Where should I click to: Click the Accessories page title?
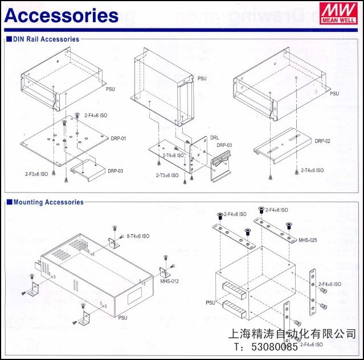point(62,15)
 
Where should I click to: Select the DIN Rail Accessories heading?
point(46,39)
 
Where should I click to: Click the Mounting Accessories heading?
point(48,202)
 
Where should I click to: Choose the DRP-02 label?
point(322,141)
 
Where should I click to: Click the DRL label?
point(214,138)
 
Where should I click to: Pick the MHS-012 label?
point(169,281)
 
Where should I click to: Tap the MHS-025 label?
point(308,240)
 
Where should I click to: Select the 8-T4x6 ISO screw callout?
point(138,235)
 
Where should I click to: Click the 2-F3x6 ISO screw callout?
point(37,173)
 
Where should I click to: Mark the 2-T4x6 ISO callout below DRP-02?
point(312,170)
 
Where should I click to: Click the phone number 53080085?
point(273,346)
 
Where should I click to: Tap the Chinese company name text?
point(292,334)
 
